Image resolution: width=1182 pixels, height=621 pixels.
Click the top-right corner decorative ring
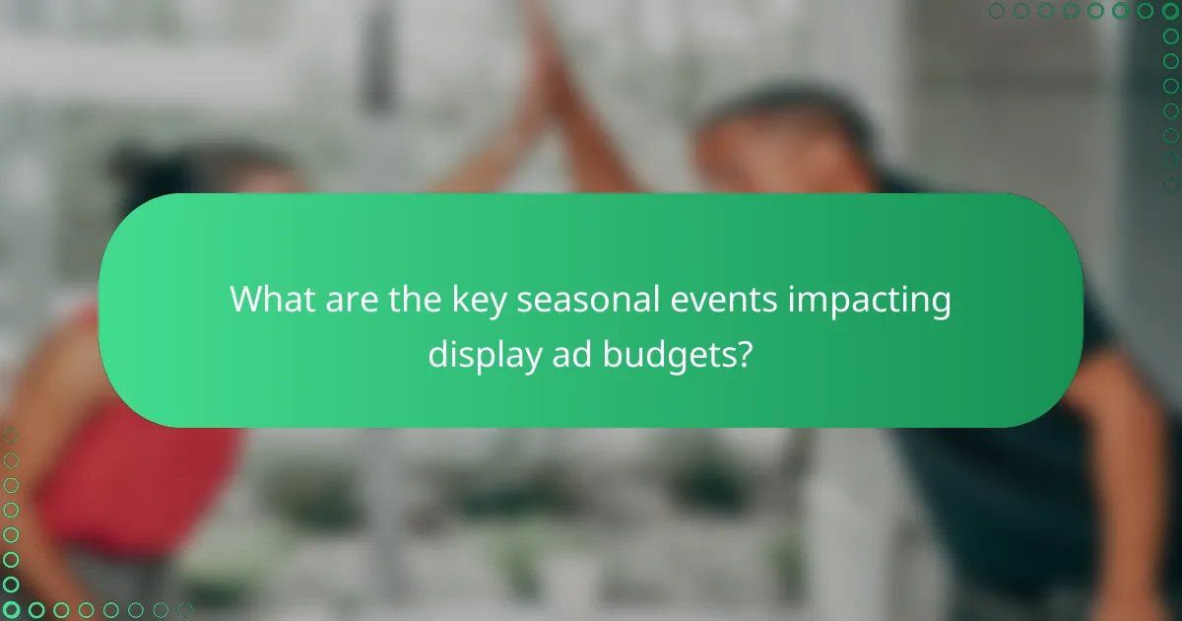click(x=1170, y=11)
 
